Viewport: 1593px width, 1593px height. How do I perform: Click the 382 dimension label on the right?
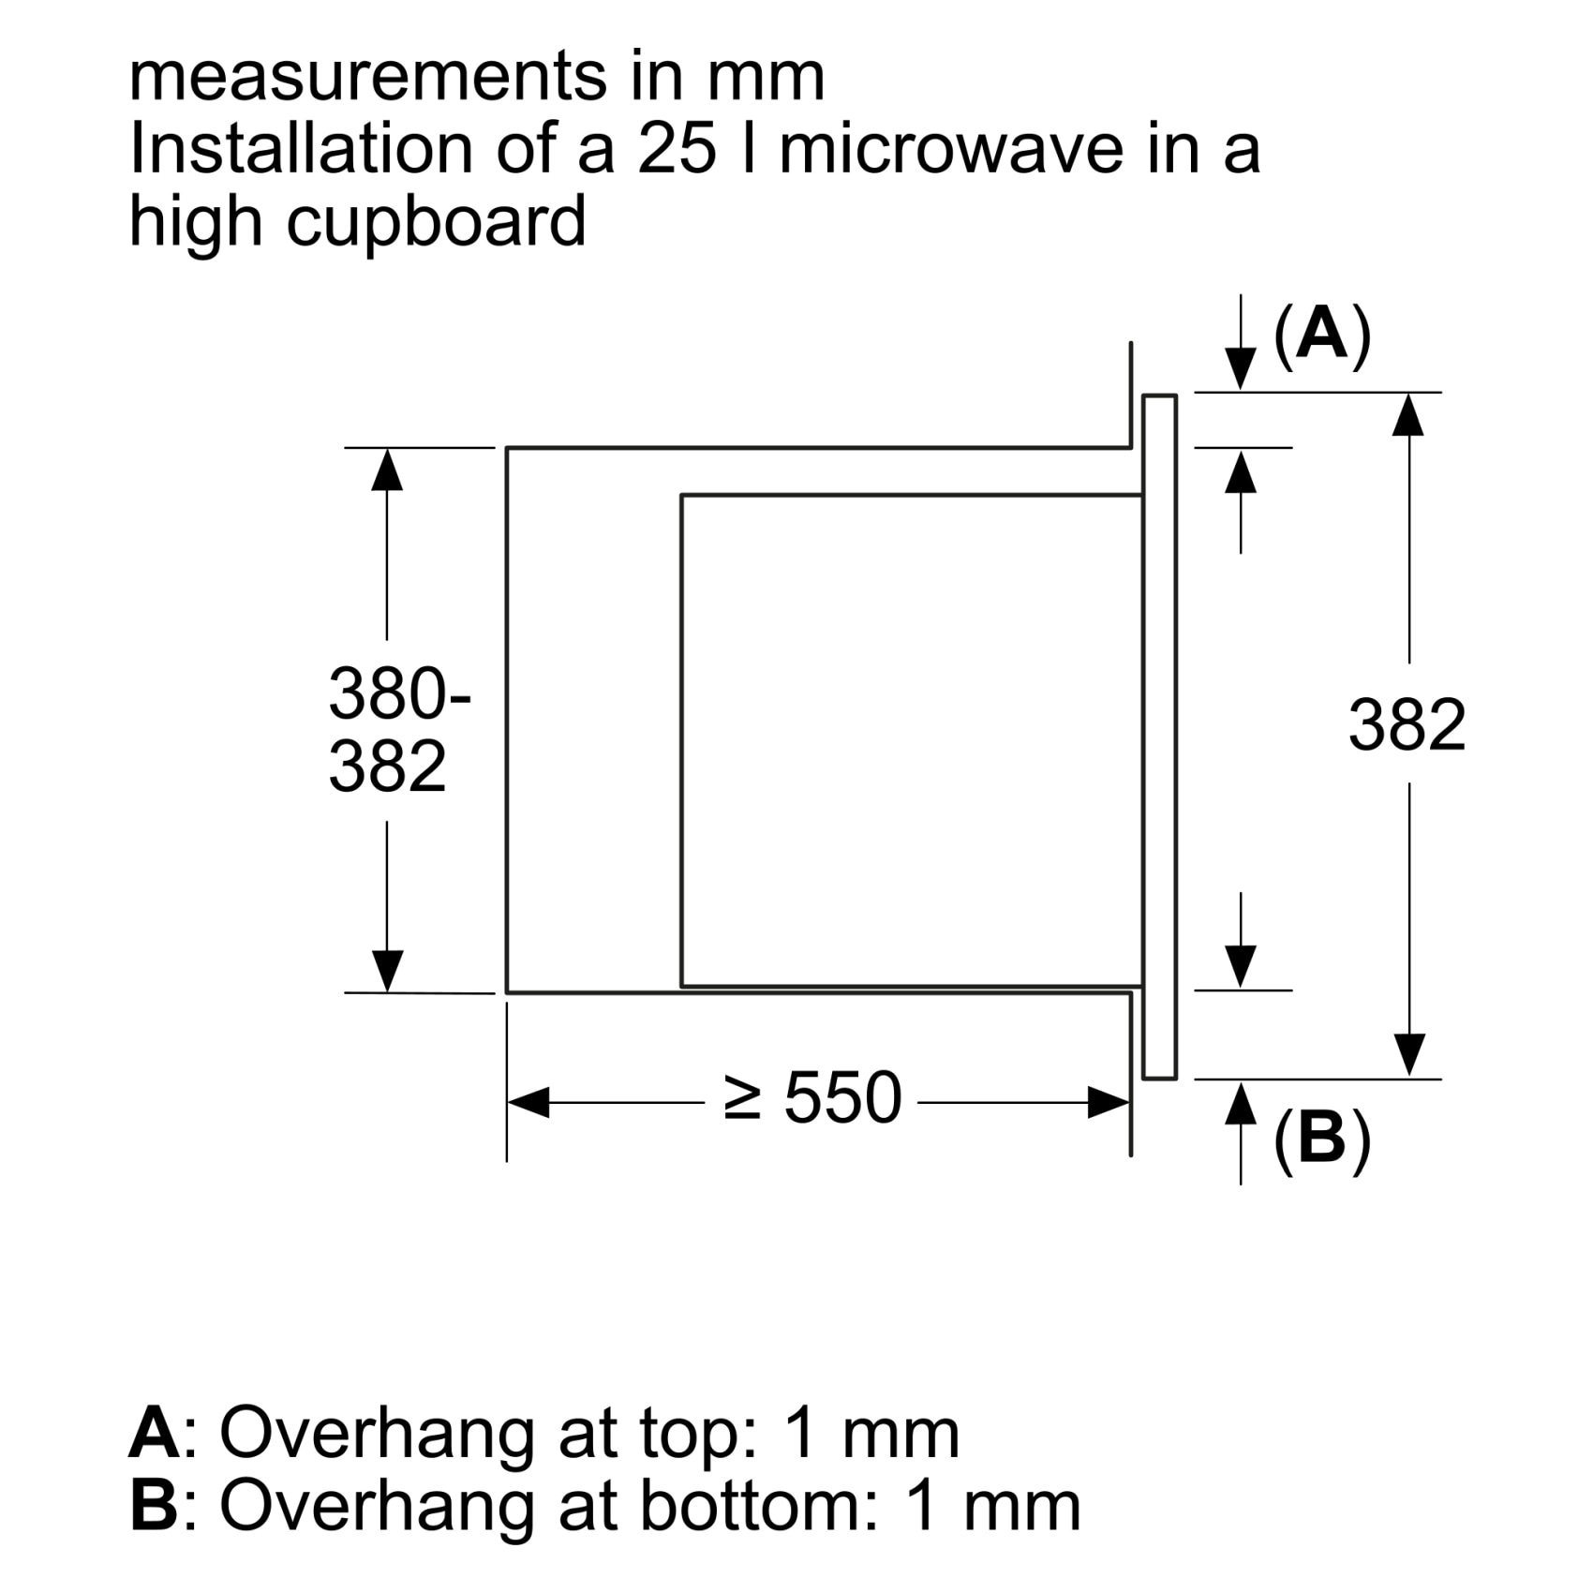[1407, 724]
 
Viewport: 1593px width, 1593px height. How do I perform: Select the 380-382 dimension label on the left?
[399, 730]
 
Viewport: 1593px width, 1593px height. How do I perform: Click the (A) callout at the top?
[1321, 335]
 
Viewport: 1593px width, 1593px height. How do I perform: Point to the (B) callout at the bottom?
[1321, 1139]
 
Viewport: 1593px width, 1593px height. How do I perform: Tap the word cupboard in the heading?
[437, 223]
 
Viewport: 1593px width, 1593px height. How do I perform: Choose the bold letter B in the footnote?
[154, 1505]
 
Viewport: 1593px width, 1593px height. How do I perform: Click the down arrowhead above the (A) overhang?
[1241, 367]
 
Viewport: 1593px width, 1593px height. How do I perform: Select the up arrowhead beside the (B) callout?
[1241, 1103]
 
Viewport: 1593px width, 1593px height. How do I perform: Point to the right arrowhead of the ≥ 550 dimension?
[1109, 1103]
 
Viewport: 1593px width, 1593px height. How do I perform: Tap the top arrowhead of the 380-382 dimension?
[387, 469]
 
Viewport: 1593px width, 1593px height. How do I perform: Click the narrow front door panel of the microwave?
[1159, 737]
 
